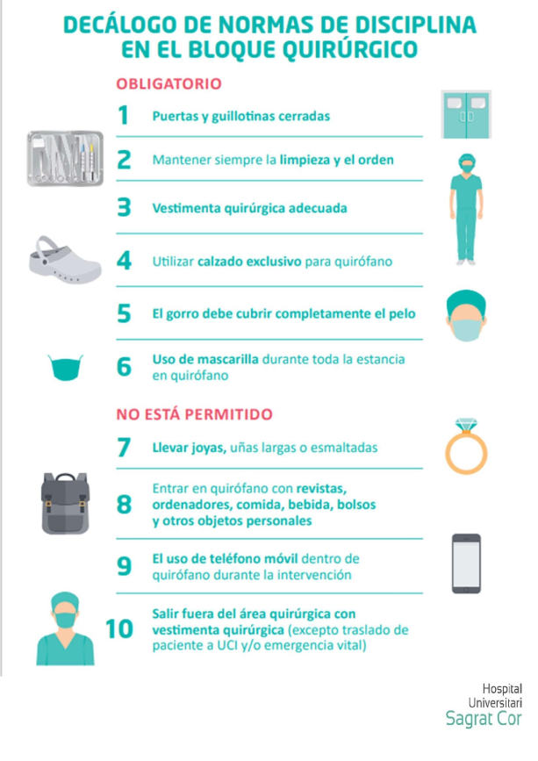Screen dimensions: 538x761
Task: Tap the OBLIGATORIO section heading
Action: pyautogui.click(x=169, y=84)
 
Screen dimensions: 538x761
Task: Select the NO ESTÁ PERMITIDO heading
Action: pyautogui.click(x=194, y=414)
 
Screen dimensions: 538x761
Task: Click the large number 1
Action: pyautogui.click(x=123, y=116)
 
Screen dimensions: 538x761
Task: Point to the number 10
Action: pyautogui.click(x=118, y=629)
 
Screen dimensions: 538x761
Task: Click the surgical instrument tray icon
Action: pyautogui.click(x=65, y=158)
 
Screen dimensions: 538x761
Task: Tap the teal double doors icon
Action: pyautogui.click(x=466, y=114)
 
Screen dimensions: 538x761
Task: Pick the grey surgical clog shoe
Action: pyautogui.click(x=65, y=260)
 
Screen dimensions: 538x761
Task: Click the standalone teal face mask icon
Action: pyautogui.click(x=66, y=368)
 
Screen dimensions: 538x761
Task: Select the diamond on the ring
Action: pyautogui.click(x=466, y=425)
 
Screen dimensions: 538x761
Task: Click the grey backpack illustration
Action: pyautogui.click(x=65, y=503)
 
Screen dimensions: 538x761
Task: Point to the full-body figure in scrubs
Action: pyautogui.click(x=466, y=210)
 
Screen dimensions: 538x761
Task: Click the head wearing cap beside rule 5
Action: pyautogui.click(x=466, y=315)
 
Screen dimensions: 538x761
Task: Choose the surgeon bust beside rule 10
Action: pyautogui.click(x=65, y=628)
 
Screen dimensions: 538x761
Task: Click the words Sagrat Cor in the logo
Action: pyautogui.click(x=484, y=719)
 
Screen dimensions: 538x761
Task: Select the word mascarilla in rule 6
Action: pyautogui.click(x=231, y=360)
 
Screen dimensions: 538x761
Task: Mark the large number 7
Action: pyautogui.click(x=124, y=447)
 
